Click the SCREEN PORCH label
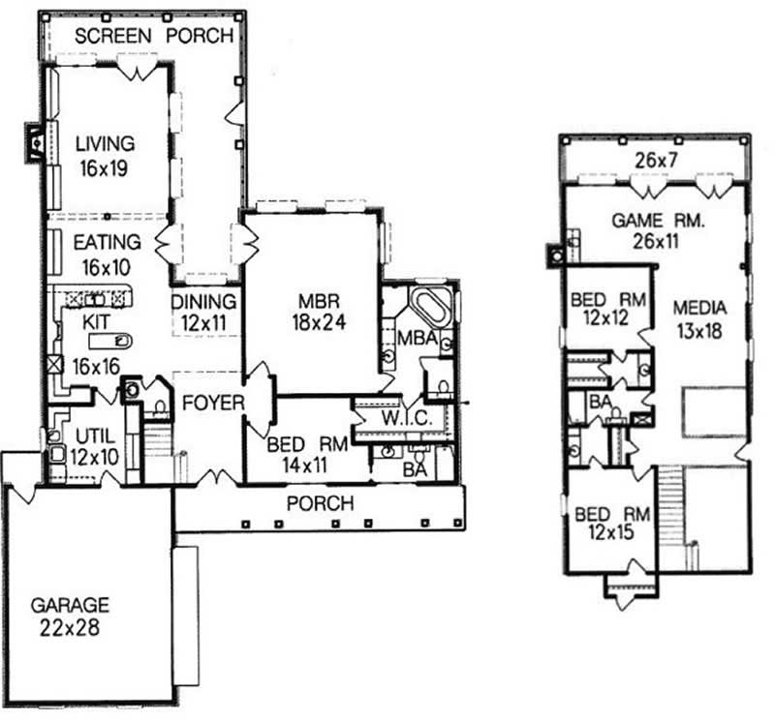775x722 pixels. (154, 36)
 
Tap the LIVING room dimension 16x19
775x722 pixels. (104, 168)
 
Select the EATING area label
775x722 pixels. (108, 242)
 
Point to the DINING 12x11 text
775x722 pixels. (203, 312)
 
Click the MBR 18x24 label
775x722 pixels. (319, 312)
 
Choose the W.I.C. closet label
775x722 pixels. (406, 419)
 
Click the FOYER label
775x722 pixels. (213, 403)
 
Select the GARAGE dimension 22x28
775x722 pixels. (70, 627)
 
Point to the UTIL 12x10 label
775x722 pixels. (94, 447)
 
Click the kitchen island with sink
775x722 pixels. (110, 341)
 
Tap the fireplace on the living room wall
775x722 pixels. (35, 143)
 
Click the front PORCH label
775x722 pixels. (321, 503)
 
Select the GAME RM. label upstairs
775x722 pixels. (658, 221)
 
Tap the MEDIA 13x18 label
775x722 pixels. (699, 319)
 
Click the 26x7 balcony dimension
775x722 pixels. (656, 160)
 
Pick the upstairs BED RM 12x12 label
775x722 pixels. (608, 309)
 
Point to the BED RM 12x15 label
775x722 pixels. (612, 523)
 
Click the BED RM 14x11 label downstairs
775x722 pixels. (307, 454)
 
